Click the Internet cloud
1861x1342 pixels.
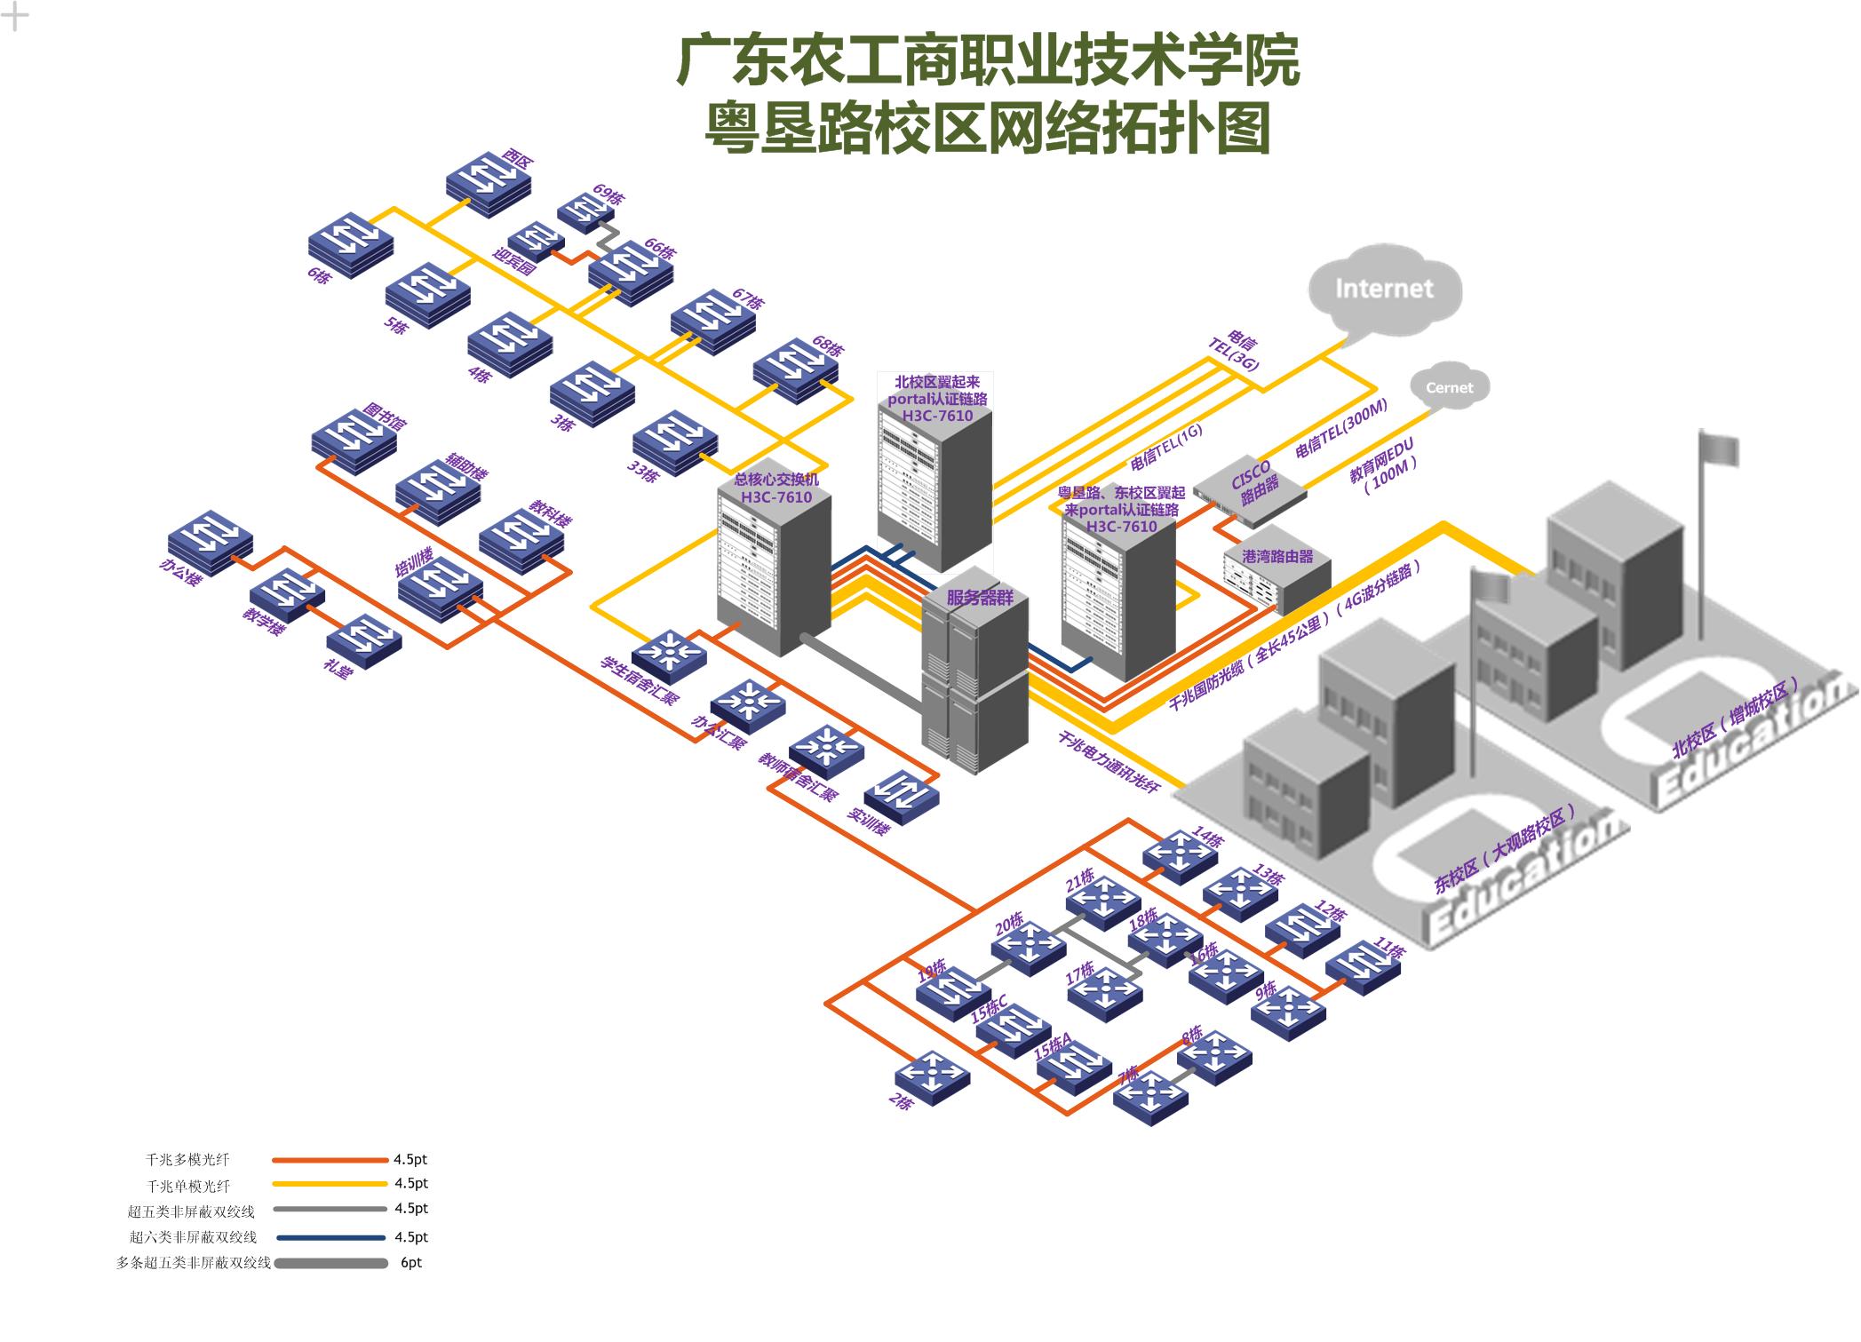1384,290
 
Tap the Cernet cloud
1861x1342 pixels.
1449,387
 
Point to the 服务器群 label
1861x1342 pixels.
979,597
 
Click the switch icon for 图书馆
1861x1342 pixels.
354,437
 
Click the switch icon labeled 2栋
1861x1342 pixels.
932,1076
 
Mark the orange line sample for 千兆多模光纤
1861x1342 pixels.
330,1160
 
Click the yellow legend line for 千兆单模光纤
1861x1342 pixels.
330,1184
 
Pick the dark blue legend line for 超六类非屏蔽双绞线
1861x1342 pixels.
330,1237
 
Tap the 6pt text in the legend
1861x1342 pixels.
411,1263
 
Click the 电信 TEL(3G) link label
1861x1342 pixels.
1237,352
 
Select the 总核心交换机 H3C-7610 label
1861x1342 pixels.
775,488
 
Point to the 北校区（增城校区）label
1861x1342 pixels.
1735,718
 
